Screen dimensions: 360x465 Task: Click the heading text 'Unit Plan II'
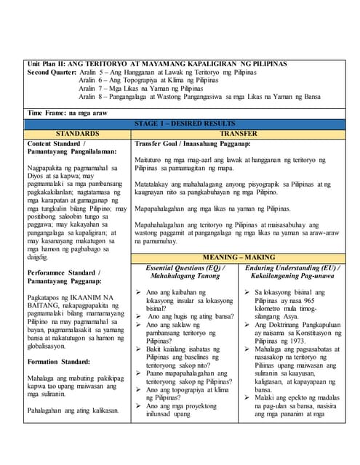coord(44,64)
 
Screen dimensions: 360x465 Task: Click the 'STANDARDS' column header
coord(77,134)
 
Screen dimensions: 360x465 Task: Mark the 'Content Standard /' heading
coord(56,144)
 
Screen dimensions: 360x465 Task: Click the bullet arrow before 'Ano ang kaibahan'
coord(139,291)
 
